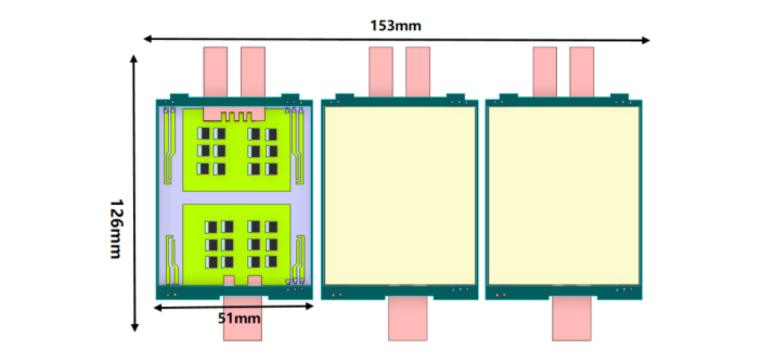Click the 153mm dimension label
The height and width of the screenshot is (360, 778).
395,26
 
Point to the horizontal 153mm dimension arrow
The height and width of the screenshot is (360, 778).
519,40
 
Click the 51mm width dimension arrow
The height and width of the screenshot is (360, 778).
194,307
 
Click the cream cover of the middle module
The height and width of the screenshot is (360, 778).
399,195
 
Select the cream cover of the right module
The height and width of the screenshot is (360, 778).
563,195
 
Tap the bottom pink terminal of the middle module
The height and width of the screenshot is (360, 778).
408,319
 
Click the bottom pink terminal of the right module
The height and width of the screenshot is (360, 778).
572,319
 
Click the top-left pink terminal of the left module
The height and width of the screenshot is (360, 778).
215,70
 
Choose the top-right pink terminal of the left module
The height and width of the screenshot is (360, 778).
253,70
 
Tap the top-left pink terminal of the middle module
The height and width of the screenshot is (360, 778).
381,70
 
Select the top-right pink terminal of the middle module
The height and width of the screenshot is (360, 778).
418,70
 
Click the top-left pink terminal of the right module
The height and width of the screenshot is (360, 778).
545,70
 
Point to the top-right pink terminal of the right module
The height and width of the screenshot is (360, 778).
582,70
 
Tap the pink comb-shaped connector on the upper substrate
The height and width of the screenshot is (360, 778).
233,114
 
